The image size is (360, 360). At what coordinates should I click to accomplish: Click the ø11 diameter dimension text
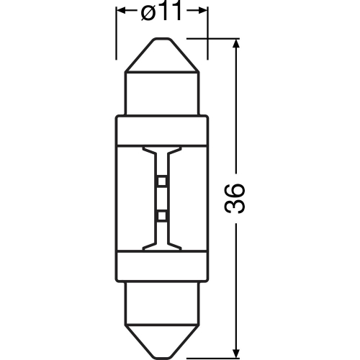click(x=162, y=12)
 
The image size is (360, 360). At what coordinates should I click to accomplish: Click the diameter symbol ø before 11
click(x=148, y=12)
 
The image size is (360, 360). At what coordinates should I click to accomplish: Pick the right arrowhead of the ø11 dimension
click(x=203, y=12)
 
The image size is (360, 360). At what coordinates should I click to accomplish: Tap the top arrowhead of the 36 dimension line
click(x=236, y=45)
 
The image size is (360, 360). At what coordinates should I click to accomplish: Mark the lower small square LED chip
click(x=162, y=215)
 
